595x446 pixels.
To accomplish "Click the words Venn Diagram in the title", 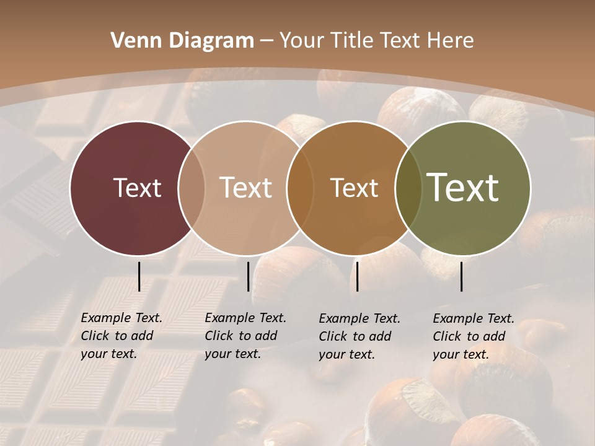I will [182, 41].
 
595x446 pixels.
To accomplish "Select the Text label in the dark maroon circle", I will [137, 188].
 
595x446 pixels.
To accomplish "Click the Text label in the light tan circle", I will [245, 188].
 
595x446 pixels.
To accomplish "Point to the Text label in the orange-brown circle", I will [354, 188].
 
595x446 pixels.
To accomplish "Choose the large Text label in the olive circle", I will [463, 188].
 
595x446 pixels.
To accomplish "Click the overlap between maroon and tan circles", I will [192, 188].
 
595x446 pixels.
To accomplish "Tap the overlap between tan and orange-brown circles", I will [300, 188].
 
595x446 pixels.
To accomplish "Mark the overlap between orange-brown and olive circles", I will [408, 188].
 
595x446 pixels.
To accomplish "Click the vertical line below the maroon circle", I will [139, 276].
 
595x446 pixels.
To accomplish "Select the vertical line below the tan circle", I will [248, 276].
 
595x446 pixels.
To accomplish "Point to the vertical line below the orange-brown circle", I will [357, 276].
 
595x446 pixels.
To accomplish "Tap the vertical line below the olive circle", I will [461, 276].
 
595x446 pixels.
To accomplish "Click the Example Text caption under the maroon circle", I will [121, 336].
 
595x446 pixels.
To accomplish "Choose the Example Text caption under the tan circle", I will [245, 336].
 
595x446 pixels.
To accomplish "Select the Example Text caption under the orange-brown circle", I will [359, 336].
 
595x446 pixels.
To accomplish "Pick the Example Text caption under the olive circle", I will [473, 336].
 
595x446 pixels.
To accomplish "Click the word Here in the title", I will [451, 41].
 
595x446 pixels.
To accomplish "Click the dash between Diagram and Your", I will [266, 42].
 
